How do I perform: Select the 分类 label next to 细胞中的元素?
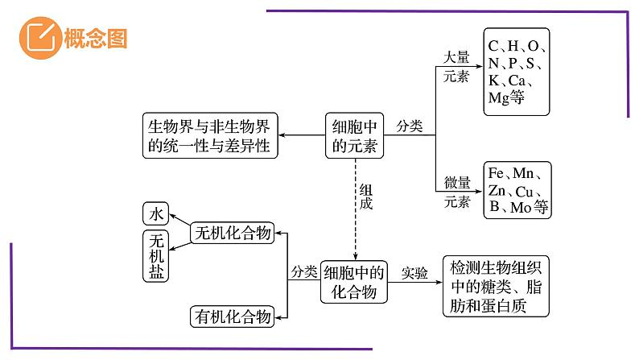409,126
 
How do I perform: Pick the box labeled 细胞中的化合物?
354,282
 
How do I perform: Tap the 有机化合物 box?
233,317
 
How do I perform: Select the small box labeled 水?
156,213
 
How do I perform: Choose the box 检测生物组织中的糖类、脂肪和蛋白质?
496,288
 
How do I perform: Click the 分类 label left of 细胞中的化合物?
304,272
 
